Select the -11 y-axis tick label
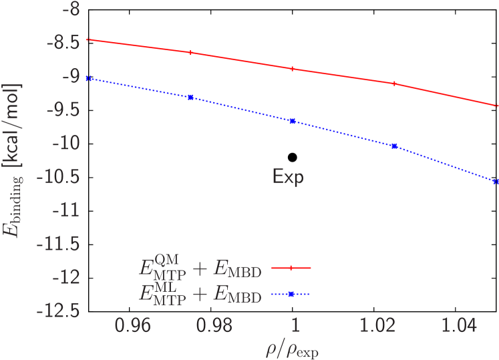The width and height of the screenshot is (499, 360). click(65, 210)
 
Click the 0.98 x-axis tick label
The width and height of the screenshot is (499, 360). click(213, 326)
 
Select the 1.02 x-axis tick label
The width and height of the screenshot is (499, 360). click(375, 326)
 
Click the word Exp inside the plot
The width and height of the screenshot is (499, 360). click(287, 177)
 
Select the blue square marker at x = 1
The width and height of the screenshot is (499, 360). click(293, 121)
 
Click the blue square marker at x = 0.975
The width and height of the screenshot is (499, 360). click(191, 98)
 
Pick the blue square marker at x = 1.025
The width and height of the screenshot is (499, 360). click(394, 146)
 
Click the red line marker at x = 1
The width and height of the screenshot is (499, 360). click(293, 69)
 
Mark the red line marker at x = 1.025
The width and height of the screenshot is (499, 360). click(394, 83)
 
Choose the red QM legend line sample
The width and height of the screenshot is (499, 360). click(291, 268)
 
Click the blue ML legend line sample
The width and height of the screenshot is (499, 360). click(291, 293)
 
